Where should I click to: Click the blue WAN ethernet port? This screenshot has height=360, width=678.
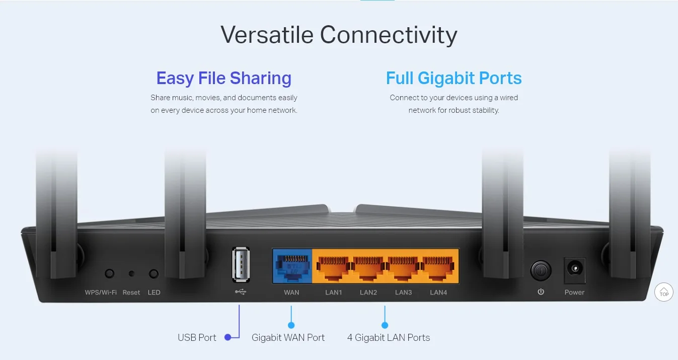(x=291, y=267)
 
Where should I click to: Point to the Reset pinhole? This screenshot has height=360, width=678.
(x=131, y=274)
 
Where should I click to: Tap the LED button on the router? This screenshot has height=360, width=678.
(x=154, y=274)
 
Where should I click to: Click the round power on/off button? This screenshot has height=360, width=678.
(x=541, y=270)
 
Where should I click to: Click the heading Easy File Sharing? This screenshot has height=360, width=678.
(x=223, y=78)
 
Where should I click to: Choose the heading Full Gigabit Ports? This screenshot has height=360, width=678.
(x=454, y=78)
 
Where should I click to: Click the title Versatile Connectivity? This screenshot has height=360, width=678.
(x=339, y=35)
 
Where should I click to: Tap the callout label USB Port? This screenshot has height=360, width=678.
(x=197, y=337)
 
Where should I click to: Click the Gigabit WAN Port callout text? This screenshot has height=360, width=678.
(x=288, y=337)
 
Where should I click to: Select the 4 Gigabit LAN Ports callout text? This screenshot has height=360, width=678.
(x=389, y=337)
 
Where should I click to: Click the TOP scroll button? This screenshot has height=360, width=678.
(x=664, y=292)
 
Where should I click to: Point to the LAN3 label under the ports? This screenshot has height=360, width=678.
(x=403, y=293)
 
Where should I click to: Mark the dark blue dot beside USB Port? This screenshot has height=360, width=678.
(x=228, y=337)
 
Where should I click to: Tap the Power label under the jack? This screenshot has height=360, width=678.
(x=574, y=293)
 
